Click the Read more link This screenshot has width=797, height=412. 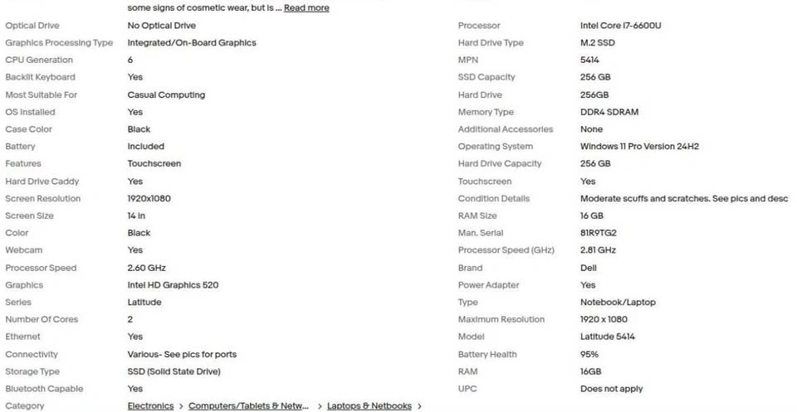306,8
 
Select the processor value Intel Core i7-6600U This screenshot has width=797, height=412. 620,26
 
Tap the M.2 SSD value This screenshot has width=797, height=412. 597,43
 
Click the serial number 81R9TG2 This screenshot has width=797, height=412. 598,233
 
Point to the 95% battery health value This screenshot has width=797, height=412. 589,355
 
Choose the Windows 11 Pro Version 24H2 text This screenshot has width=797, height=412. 639,147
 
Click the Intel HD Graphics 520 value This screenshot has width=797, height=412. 173,285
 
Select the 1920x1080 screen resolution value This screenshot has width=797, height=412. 150,199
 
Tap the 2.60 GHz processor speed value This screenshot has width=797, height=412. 147,268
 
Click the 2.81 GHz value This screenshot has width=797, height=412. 598,250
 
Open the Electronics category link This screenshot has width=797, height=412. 150,406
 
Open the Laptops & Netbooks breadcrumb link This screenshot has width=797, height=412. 369,406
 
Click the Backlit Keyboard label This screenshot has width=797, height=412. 40,77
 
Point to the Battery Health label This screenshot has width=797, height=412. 487,355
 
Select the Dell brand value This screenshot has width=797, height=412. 588,268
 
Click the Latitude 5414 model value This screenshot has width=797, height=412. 609,337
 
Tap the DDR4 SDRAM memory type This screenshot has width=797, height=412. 609,112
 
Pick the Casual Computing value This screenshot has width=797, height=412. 166,95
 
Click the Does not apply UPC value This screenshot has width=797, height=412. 611,389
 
